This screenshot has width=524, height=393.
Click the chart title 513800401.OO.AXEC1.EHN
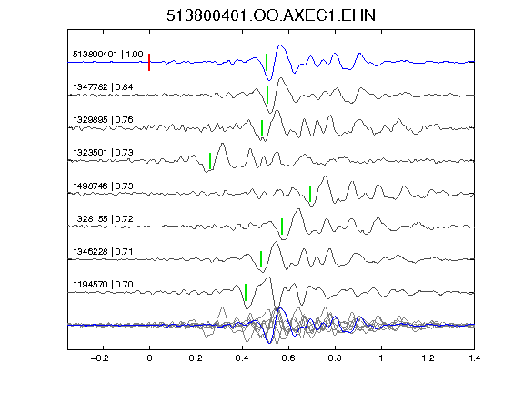click(271, 15)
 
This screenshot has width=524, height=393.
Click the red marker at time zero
click(149, 62)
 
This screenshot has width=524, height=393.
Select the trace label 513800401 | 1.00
click(108, 55)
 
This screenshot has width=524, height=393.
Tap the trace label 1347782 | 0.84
click(103, 87)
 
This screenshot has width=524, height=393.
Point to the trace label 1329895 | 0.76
click(103, 120)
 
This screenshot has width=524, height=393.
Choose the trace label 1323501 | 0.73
click(103, 153)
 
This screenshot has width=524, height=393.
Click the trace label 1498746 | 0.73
click(103, 186)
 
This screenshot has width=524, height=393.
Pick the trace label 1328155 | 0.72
click(103, 219)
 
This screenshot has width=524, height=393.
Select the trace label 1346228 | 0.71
click(103, 251)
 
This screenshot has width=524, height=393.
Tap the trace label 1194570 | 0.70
click(103, 285)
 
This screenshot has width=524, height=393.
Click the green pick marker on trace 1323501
click(210, 161)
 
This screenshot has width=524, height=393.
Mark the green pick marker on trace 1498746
click(310, 194)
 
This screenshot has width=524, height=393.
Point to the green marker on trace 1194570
click(246, 292)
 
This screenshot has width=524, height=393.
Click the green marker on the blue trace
click(267, 62)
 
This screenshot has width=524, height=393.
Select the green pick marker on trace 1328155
click(282, 227)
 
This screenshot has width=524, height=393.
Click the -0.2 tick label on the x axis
click(100, 358)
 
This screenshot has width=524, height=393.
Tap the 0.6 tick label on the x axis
click(288, 358)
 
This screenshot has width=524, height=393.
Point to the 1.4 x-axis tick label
click(474, 358)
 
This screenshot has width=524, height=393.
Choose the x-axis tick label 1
click(381, 358)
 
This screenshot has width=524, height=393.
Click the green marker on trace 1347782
click(267, 95)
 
